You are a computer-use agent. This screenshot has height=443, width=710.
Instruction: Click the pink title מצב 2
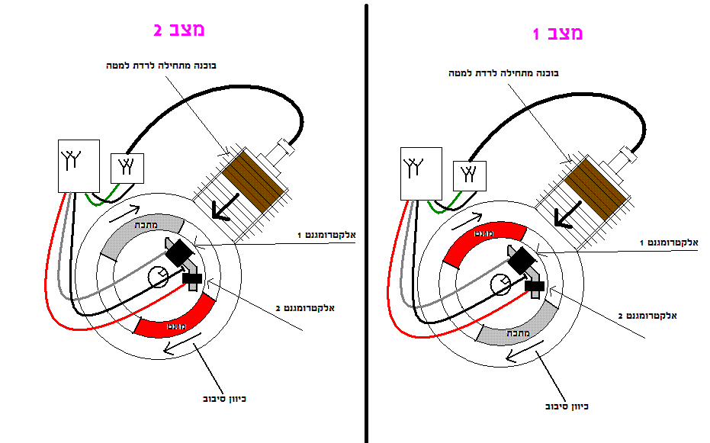[179, 30]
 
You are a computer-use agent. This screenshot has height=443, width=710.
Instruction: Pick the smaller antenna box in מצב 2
[127, 167]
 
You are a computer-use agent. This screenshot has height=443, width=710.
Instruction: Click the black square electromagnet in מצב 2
[181, 252]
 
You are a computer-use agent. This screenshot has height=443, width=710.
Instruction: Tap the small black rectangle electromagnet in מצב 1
[535, 286]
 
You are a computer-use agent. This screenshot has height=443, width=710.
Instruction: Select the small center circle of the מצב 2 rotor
[158, 278]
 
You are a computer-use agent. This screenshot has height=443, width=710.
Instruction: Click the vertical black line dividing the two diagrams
[367, 221]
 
